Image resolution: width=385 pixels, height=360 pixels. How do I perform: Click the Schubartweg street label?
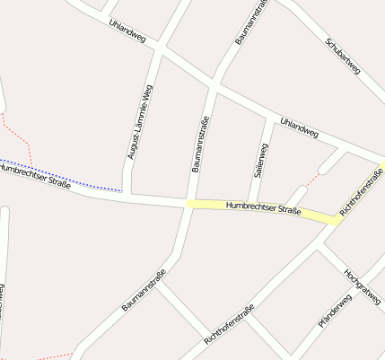coord(343,56)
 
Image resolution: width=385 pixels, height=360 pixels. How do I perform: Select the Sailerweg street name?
coord(261,157)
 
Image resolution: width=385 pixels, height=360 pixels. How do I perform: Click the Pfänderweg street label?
coord(334,310)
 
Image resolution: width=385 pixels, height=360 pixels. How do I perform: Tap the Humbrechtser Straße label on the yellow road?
coord(263,209)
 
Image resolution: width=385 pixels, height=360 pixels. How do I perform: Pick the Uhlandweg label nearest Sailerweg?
coord(299,127)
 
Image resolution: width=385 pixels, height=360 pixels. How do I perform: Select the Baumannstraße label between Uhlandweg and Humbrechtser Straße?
coord(200,144)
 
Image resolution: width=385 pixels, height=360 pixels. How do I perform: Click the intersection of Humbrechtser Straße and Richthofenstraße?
coord(333,220)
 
